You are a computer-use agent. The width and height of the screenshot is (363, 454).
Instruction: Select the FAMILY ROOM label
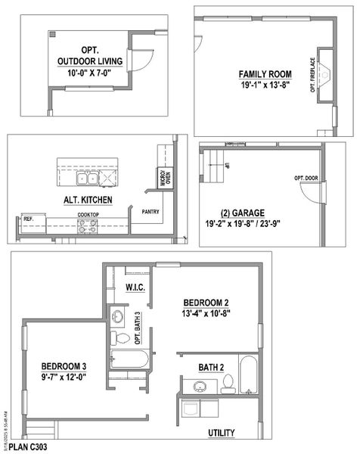pyautogui.click(x=265, y=73)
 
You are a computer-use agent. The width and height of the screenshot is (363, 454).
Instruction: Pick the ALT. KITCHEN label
pyautogui.click(x=88, y=200)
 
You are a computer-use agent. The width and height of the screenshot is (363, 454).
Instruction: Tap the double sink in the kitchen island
pyautogui.click(x=87, y=179)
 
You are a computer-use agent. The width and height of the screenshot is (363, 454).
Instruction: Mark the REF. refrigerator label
pyautogui.click(x=28, y=219)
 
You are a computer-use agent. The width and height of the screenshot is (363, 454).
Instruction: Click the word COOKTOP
pyautogui.click(x=88, y=215)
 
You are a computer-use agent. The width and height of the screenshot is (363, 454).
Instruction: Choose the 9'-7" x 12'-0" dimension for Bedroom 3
pyautogui.click(x=64, y=376)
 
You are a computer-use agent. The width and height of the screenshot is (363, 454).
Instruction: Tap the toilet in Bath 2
pyautogui.click(x=226, y=386)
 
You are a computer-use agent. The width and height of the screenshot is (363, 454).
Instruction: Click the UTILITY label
pyautogui.click(x=222, y=433)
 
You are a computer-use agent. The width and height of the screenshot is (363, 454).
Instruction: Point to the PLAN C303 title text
pyautogui.click(x=29, y=447)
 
